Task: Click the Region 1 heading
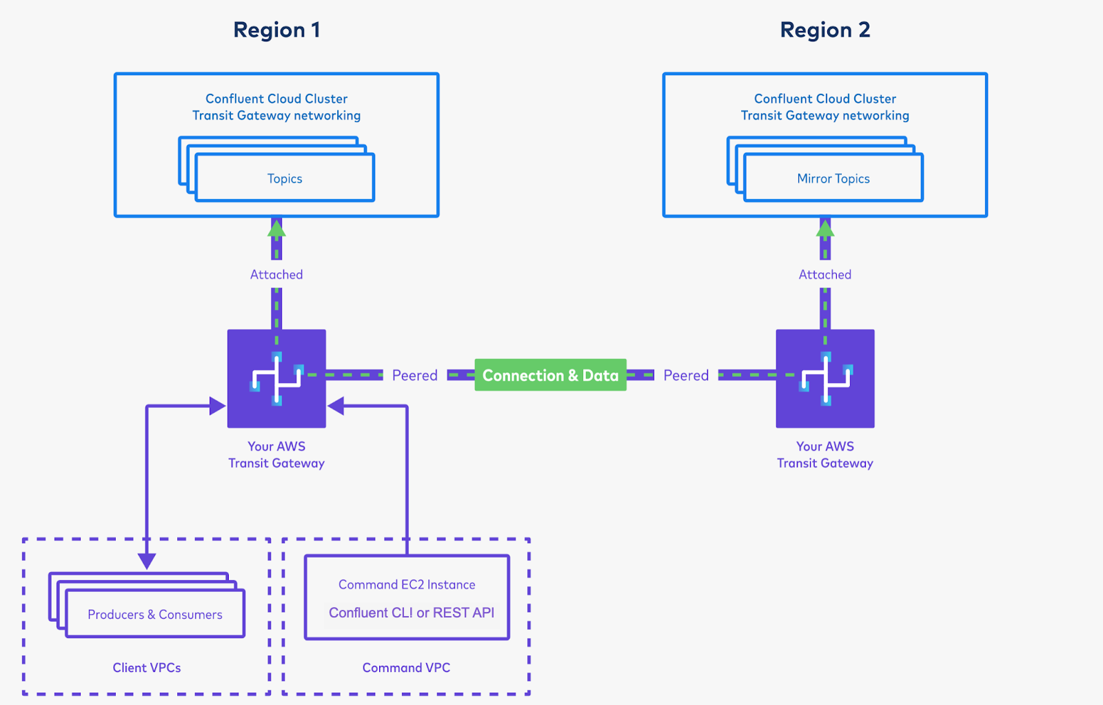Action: [276, 30]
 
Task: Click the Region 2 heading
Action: [824, 30]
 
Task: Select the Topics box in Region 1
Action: [285, 178]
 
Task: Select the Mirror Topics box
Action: [833, 178]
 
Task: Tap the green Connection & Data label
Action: [550, 375]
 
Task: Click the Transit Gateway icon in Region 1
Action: [276, 378]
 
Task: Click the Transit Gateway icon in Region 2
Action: [824, 378]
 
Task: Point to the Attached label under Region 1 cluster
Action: [276, 274]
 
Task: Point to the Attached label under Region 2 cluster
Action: [824, 274]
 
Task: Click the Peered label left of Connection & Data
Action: [414, 375]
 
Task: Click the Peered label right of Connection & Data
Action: [686, 375]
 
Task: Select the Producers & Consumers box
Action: [155, 614]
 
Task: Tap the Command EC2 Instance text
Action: [407, 584]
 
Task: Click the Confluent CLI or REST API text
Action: [411, 613]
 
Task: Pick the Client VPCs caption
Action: [147, 667]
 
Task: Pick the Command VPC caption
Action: [406, 667]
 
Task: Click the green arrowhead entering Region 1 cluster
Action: [276, 228]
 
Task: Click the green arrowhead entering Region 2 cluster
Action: [824, 228]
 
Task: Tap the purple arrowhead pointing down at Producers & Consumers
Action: [147, 560]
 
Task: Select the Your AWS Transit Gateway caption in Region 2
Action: [824, 455]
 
